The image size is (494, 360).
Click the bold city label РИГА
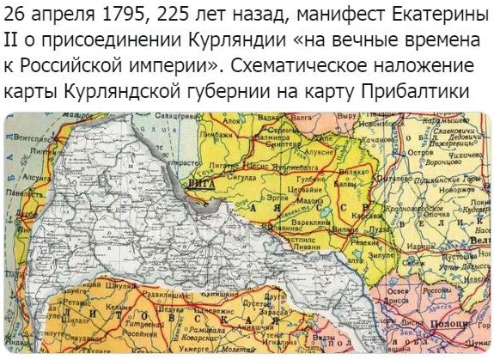click(x=198, y=183)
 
